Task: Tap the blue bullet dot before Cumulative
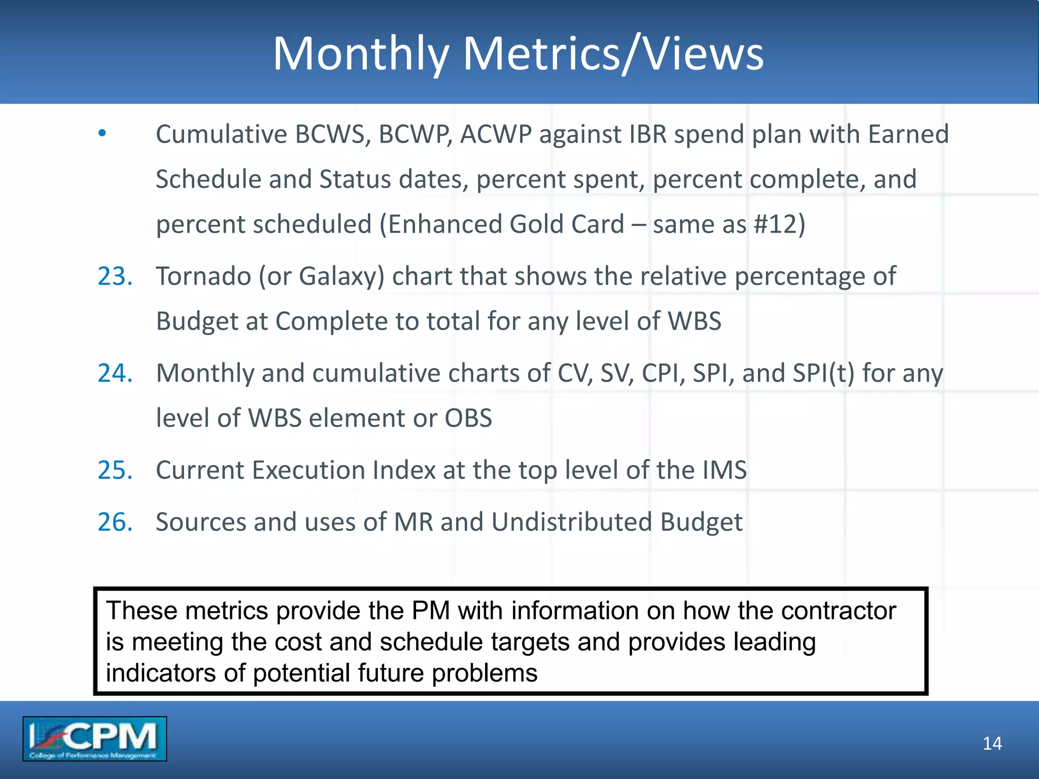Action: [x=102, y=133]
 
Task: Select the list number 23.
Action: [x=115, y=276]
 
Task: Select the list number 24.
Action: [x=115, y=373]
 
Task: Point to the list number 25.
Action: [x=115, y=470]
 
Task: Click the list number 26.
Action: [x=115, y=522]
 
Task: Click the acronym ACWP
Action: [x=496, y=134]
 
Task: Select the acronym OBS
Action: [x=468, y=418]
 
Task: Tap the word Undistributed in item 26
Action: [x=571, y=522]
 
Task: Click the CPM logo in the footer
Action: [x=94, y=738]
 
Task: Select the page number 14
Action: [x=992, y=743]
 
